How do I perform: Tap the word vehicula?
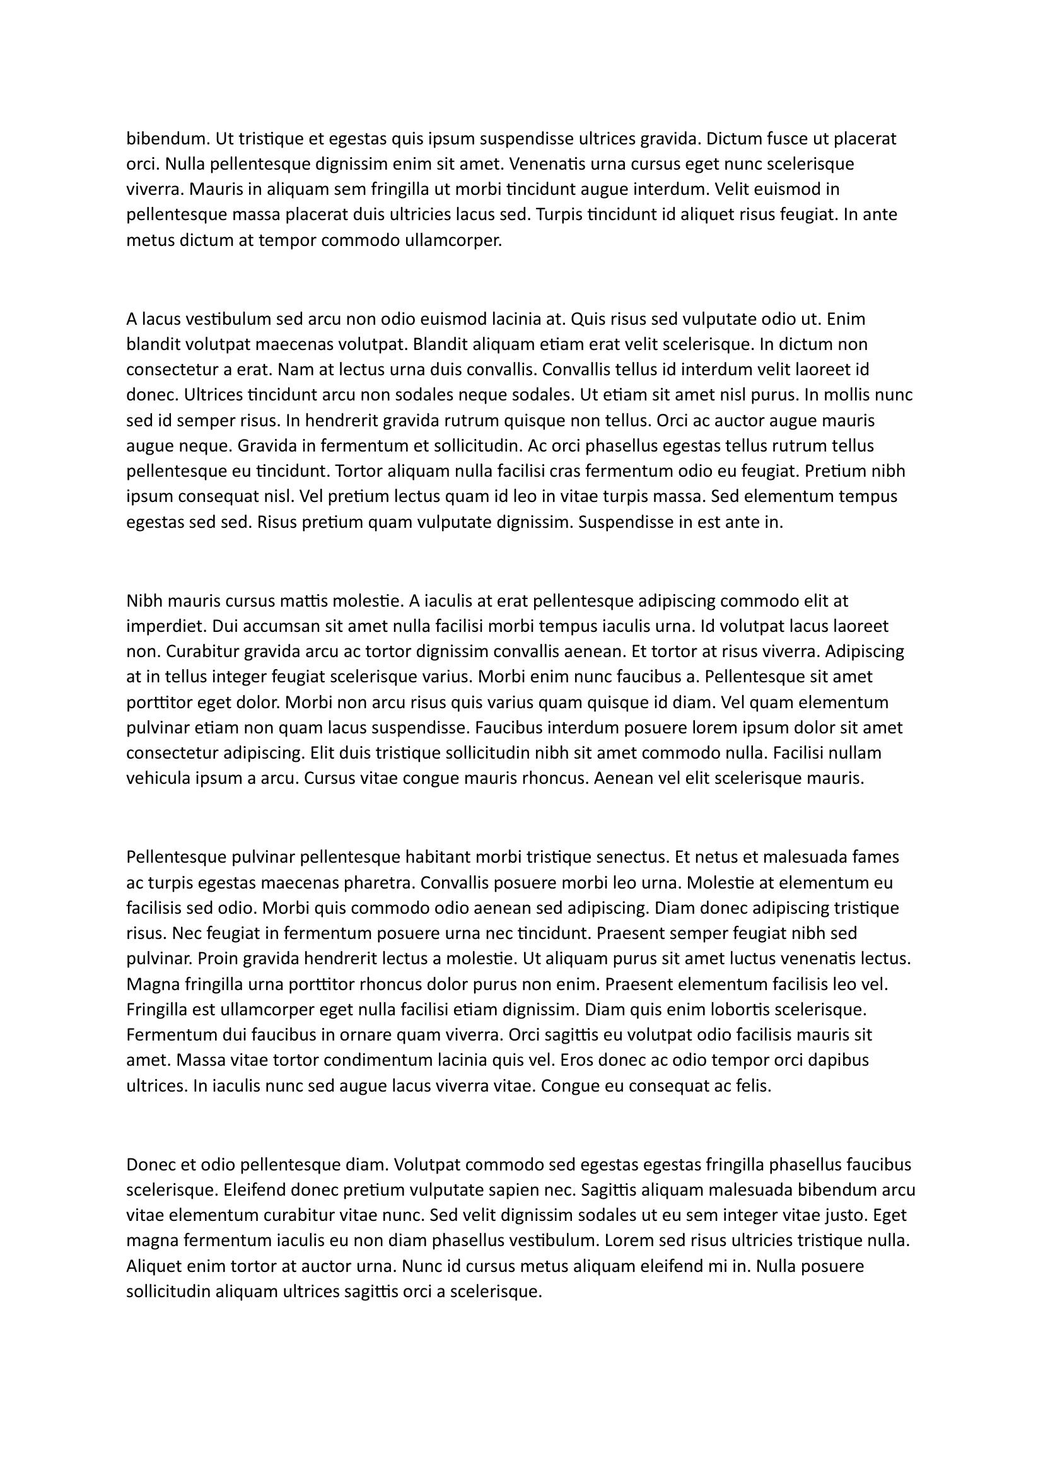tap(158, 779)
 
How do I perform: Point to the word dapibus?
tap(840, 1061)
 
